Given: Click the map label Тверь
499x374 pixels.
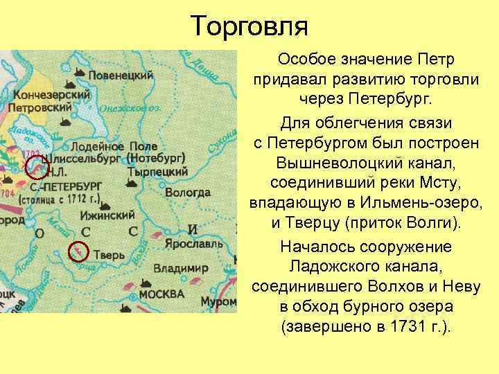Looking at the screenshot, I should pos(109,253).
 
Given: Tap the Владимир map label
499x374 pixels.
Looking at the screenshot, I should pos(181,267).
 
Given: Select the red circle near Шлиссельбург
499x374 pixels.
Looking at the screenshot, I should pos(37,167).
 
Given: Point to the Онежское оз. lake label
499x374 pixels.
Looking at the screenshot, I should pos(130,107).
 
